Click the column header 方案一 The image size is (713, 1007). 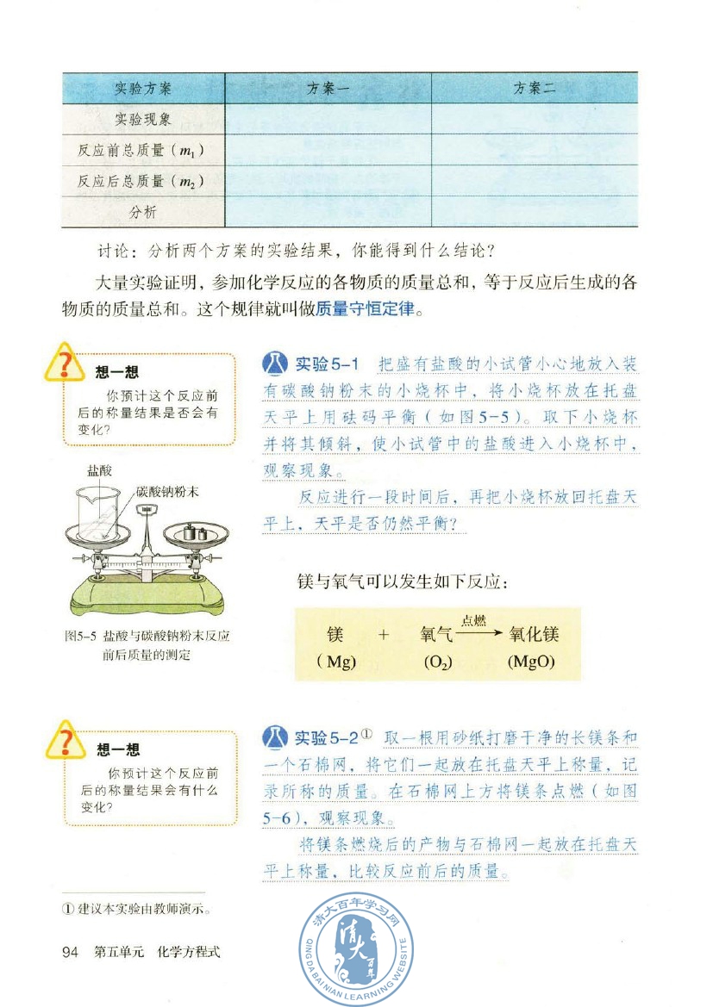pos(328,89)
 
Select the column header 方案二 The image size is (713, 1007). pos(535,89)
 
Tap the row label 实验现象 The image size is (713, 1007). pos(143,120)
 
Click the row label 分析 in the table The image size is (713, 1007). pos(143,212)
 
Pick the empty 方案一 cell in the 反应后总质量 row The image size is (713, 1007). pos(328,182)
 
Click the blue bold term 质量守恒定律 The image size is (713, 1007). pos(366,309)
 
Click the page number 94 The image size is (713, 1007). pos(71,953)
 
